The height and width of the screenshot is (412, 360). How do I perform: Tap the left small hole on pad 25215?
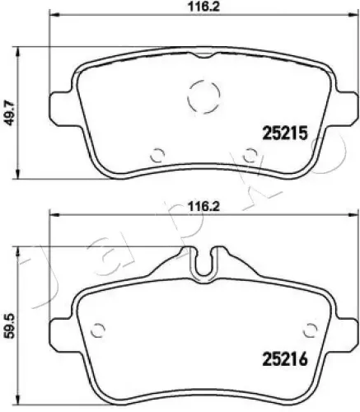(159, 152)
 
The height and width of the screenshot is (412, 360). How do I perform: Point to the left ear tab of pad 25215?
(60, 104)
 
